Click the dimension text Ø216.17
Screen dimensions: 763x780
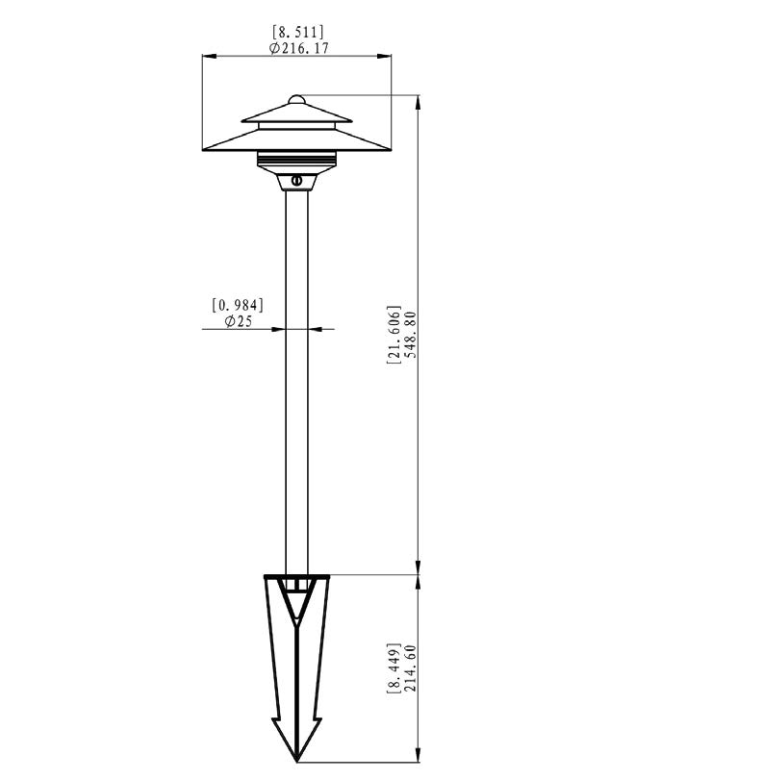[298, 48]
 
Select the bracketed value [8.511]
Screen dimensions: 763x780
[298, 33]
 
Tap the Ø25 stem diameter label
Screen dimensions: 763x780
[239, 321]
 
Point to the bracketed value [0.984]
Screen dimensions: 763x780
[238, 305]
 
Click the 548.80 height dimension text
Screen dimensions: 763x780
[411, 335]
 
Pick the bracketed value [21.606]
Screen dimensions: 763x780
[394, 335]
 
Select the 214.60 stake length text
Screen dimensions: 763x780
[411, 668]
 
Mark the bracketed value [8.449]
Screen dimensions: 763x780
[394, 668]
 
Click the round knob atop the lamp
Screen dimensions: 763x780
[296, 99]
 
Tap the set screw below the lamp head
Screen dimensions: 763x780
[297, 180]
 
